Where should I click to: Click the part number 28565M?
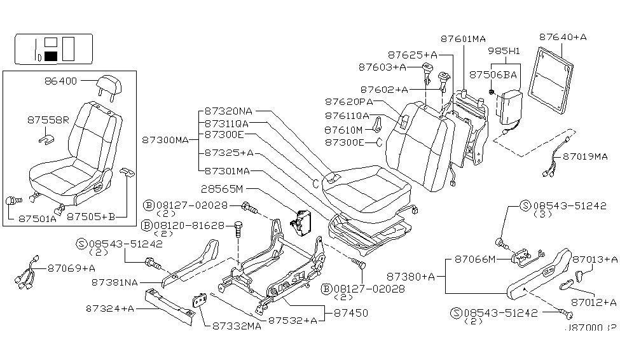click(228, 189)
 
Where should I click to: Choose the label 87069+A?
click(71, 268)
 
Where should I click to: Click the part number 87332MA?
click(236, 326)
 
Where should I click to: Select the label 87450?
click(351, 313)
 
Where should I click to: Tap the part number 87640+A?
click(563, 37)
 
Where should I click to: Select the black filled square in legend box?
click(51, 57)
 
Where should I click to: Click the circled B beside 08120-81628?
click(148, 226)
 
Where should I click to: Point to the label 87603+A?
click(382, 66)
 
